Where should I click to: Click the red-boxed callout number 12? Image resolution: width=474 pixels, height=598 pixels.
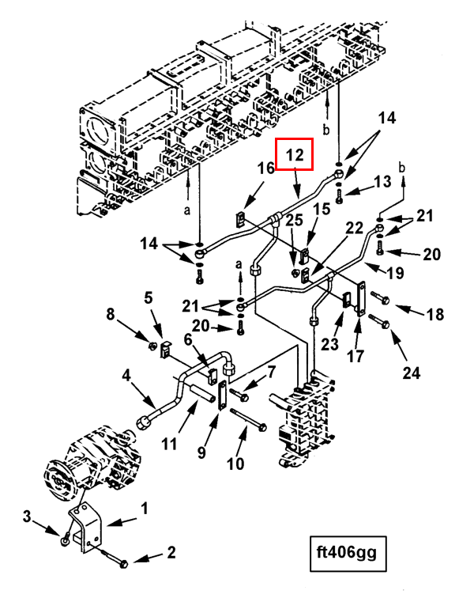point(295,154)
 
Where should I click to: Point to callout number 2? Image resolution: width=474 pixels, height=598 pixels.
point(171,552)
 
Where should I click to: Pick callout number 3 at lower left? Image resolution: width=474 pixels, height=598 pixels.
point(27,518)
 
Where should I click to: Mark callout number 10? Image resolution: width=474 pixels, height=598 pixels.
point(235,464)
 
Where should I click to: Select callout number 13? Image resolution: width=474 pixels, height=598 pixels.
point(382,182)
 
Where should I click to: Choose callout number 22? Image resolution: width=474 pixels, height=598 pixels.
point(355,228)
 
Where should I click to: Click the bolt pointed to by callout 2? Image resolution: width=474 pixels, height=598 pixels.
point(120,565)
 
